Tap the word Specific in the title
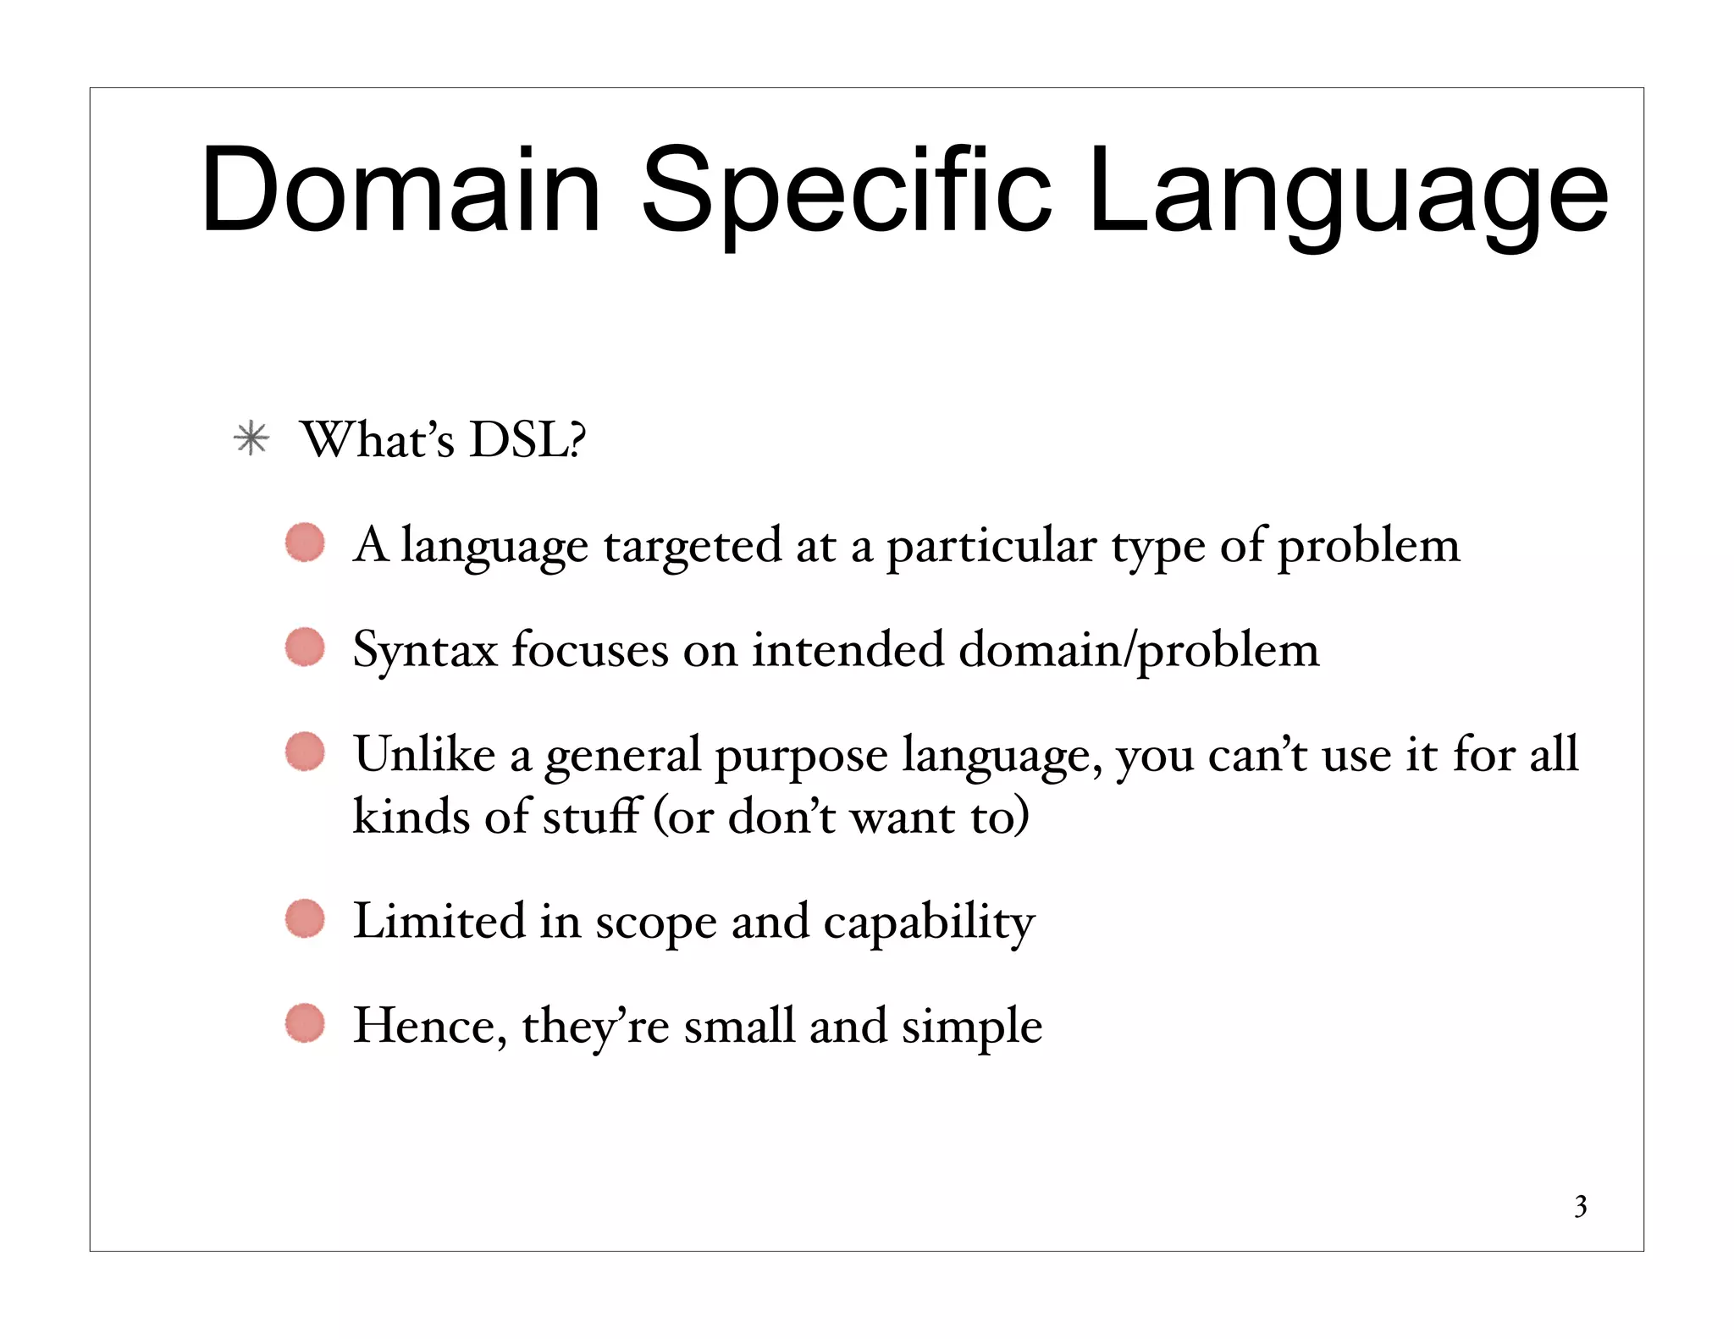click(x=847, y=191)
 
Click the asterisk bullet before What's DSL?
click(x=251, y=439)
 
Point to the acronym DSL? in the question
click(x=527, y=439)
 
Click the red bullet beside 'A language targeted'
click(x=305, y=543)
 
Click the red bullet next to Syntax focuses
click(x=305, y=647)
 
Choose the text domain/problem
click(x=1139, y=651)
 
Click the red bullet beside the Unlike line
click(x=305, y=752)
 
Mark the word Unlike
click(x=424, y=753)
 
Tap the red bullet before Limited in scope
click(x=305, y=919)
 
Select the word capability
click(x=929, y=923)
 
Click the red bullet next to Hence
click(x=305, y=1023)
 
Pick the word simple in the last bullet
click(x=971, y=1027)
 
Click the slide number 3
click(x=1580, y=1206)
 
